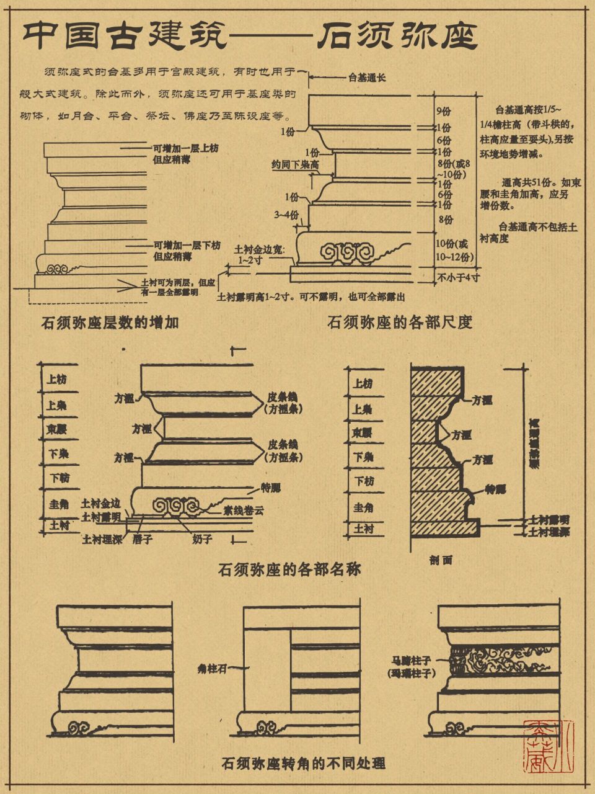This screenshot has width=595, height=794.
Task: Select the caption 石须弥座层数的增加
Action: tap(110, 323)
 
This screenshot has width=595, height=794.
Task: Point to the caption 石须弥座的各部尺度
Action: tap(400, 322)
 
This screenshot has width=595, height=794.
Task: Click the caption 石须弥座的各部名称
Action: tap(289, 569)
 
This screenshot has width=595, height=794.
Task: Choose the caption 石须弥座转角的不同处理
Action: tap(303, 762)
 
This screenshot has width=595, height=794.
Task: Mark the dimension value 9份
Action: tap(443, 112)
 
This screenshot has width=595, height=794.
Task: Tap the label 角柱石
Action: tap(211, 669)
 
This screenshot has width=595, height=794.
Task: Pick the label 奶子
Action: tap(202, 540)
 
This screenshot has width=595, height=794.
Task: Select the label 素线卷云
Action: tap(244, 512)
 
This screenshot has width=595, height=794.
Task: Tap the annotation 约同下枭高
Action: tap(295, 165)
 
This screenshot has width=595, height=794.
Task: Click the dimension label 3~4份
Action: tap(287, 215)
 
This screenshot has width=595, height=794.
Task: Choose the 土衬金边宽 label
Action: tap(258, 249)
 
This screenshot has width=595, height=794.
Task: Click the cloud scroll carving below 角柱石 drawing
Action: tap(267, 728)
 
